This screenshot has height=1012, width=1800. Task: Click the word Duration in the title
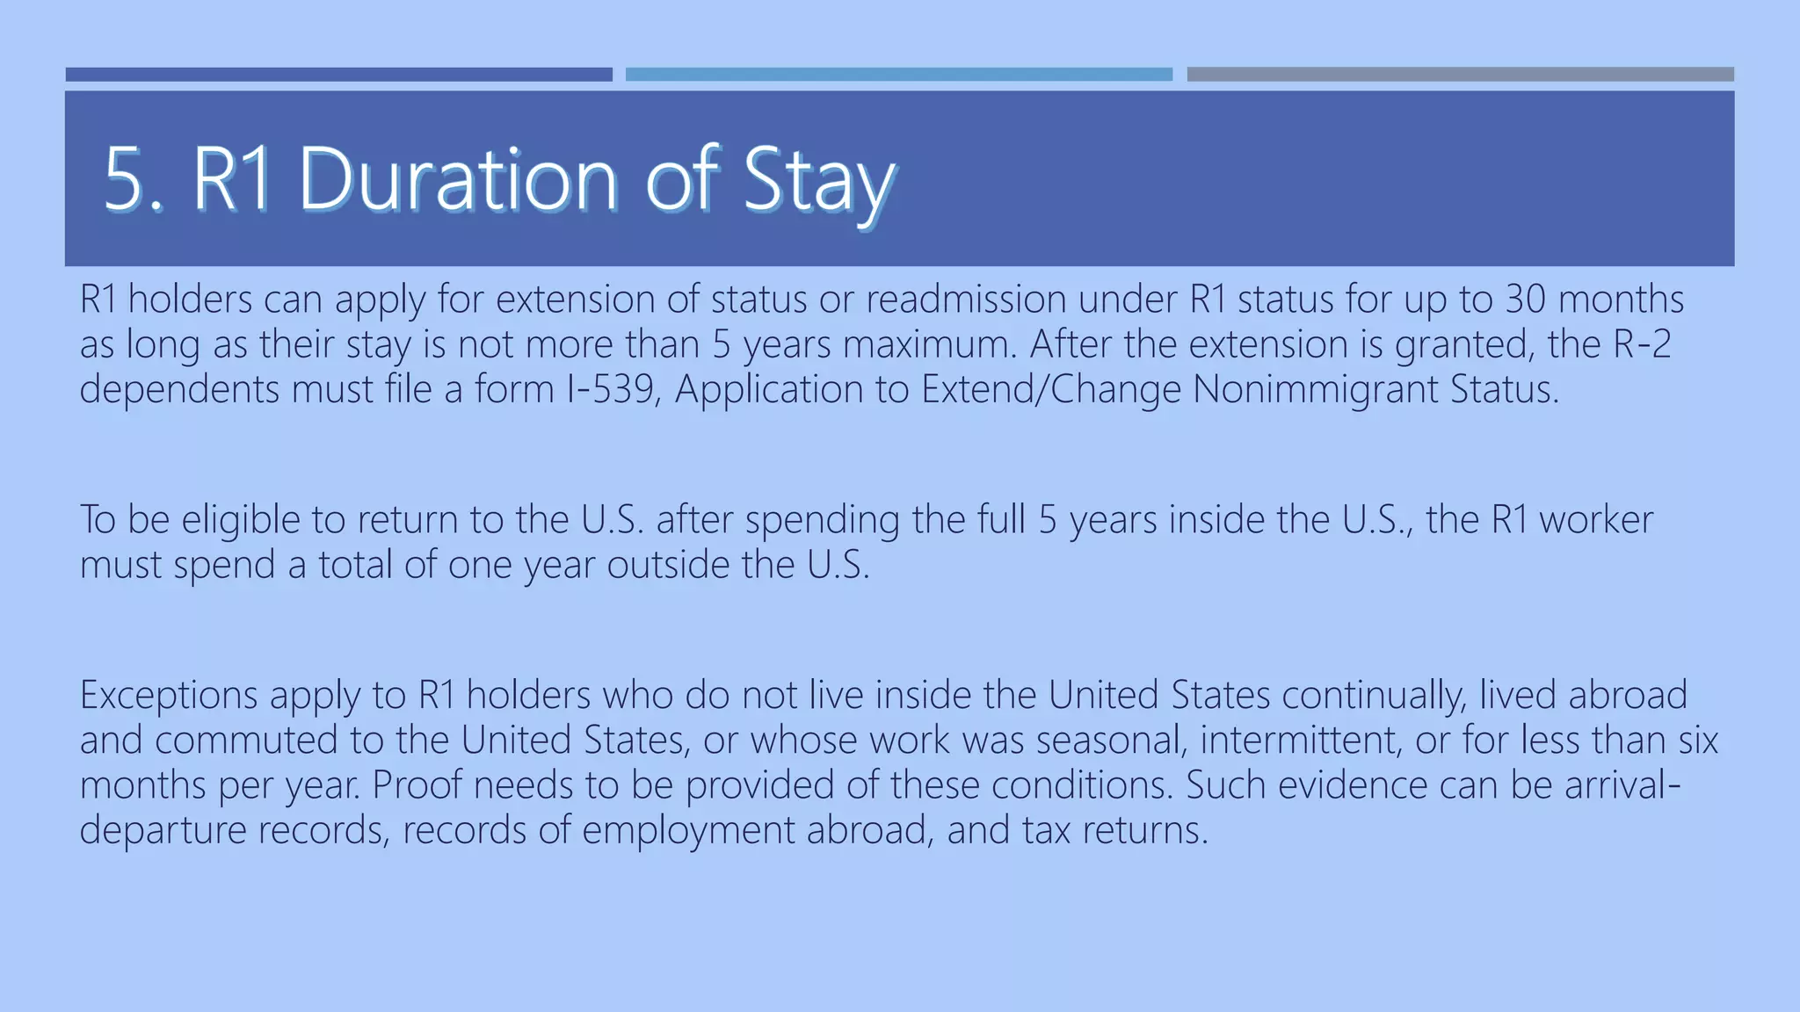(457, 179)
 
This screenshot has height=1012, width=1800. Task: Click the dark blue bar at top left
(338, 75)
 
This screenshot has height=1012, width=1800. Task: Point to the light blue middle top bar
(898, 75)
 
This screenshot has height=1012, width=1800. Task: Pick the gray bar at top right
(1460, 75)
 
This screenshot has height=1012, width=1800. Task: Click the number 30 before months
(1525, 299)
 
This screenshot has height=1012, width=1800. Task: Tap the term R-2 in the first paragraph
(1642, 343)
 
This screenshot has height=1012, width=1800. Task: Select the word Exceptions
(168, 695)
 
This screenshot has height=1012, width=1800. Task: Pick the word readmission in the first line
(966, 299)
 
